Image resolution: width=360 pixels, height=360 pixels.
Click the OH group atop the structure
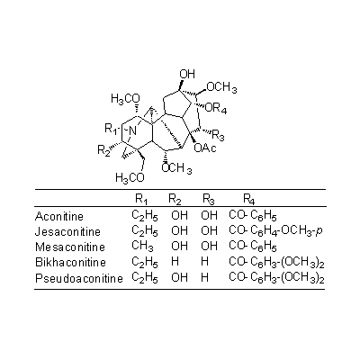click(187, 74)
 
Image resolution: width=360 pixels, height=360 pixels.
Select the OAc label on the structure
click(205, 148)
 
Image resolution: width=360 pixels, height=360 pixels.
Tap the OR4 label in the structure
click(216, 109)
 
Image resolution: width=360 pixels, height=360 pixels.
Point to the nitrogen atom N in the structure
click(132, 130)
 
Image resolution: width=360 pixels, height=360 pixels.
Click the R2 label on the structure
click(103, 150)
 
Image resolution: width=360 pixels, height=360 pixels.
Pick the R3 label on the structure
click(218, 135)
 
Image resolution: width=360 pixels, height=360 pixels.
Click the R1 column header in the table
click(141, 199)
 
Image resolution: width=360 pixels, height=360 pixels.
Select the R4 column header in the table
click(249, 199)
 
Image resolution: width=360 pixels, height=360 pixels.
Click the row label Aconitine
click(59, 216)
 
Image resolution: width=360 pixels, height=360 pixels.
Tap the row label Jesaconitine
click(67, 231)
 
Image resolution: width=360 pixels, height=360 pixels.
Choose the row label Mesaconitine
click(70, 247)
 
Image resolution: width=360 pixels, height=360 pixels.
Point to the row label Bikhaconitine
click(70, 262)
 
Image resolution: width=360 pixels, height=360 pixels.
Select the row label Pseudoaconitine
click(79, 278)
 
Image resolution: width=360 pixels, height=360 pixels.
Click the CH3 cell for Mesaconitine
click(143, 247)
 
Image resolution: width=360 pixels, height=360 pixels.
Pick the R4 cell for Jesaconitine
click(275, 231)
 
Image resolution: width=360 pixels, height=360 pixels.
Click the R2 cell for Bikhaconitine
click(175, 262)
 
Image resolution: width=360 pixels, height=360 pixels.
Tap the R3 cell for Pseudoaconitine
click(204, 277)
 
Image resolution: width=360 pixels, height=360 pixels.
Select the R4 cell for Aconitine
click(253, 216)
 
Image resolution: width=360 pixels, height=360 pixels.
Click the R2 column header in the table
click(175, 199)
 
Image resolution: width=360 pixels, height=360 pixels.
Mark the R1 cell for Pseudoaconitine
click(145, 277)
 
